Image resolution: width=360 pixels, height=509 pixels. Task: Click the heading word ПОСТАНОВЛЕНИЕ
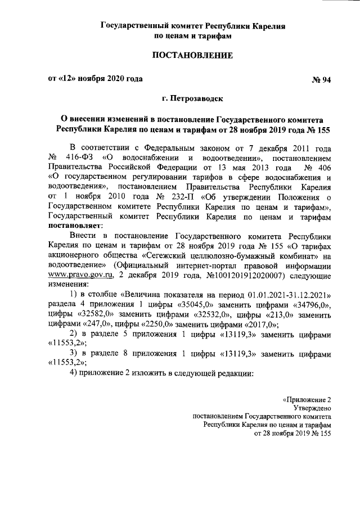[192, 56]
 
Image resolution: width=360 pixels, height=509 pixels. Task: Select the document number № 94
[321, 79]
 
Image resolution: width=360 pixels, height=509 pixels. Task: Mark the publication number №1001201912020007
[235, 274]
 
